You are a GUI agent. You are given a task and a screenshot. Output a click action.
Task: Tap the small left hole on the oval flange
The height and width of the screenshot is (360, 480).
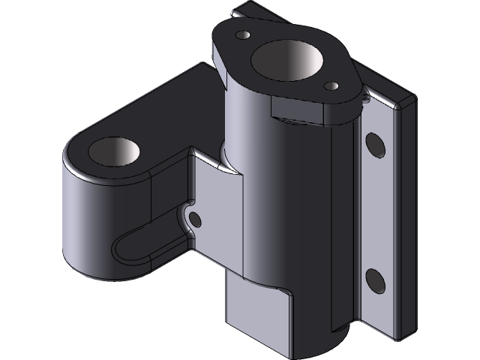[x=242, y=35]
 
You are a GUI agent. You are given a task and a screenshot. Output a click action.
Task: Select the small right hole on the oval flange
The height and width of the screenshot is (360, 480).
[x=330, y=86]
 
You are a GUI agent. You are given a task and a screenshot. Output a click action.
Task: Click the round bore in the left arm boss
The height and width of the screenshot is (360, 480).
[x=114, y=151]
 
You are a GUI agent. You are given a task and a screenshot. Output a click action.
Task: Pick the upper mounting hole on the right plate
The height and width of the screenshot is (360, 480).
[x=375, y=145]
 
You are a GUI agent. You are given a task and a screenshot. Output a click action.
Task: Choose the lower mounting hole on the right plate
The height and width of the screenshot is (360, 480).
[x=375, y=281]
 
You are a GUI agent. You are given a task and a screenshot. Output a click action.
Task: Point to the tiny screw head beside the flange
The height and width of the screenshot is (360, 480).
[x=364, y=95]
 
